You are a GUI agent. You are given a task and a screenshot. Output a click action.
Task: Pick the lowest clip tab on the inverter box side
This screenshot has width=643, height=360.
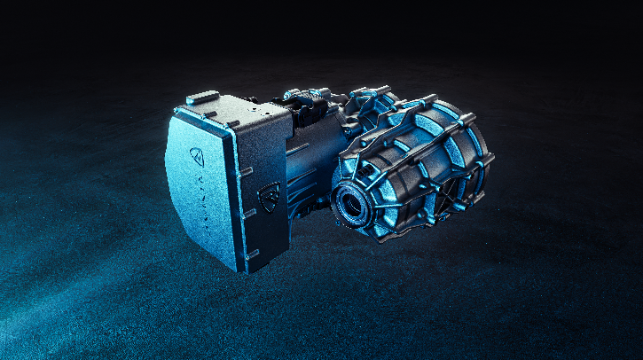(x=253, y=254)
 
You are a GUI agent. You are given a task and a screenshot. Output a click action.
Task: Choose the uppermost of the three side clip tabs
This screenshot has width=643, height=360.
(x=246, y=171)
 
